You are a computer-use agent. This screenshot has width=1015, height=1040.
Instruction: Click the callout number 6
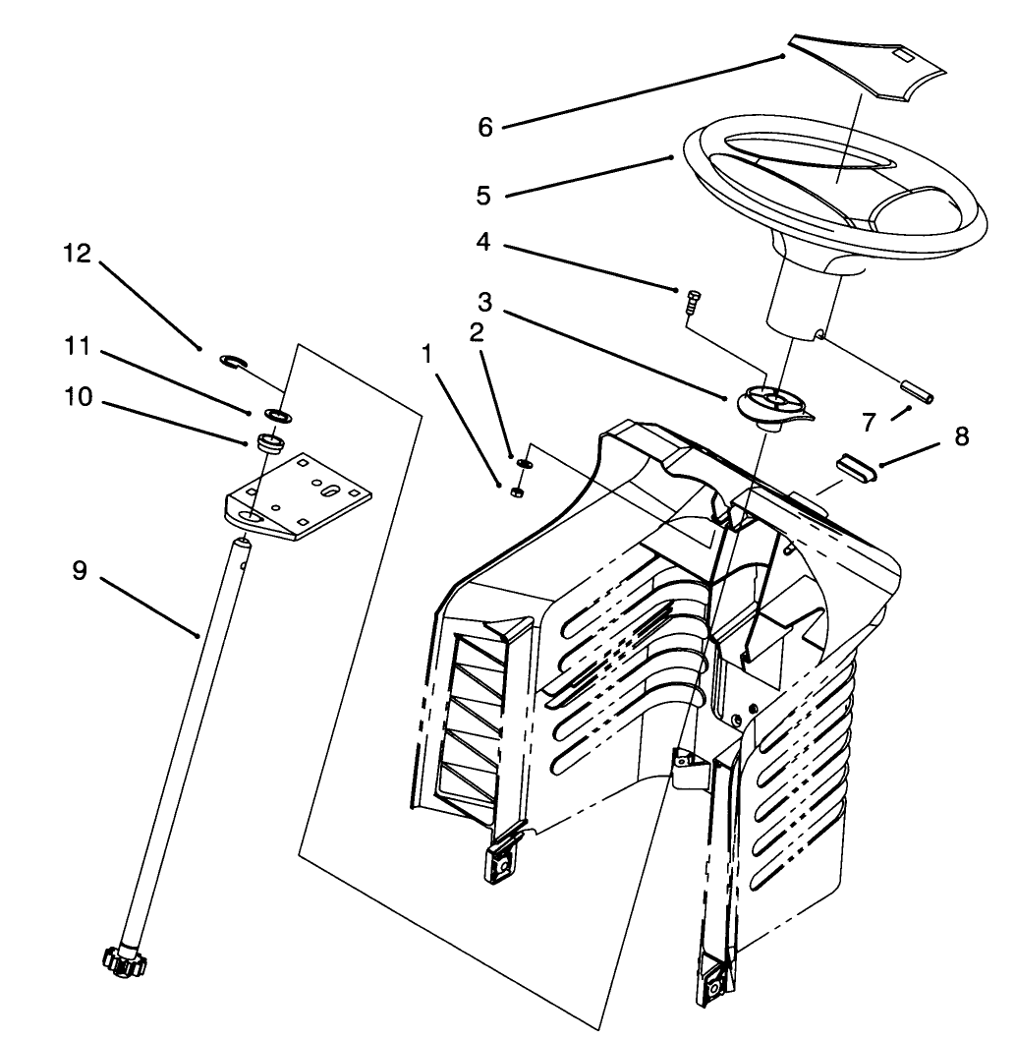pyautogui.click(x=484, y=127)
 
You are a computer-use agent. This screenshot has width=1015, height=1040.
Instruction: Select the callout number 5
pyautogui.click(x=482, y=195)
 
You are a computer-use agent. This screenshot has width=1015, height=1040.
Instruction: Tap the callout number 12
pyautogui.click(x=77, y=254)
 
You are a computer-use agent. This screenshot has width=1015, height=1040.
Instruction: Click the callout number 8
pyautogui.click(x=960, y=436)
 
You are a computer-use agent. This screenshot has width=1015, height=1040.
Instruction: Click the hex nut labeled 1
pyautogui.click(x=518, y=491)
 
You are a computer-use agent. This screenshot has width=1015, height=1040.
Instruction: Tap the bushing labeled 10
pyautogui.click(x=269, y=442)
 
